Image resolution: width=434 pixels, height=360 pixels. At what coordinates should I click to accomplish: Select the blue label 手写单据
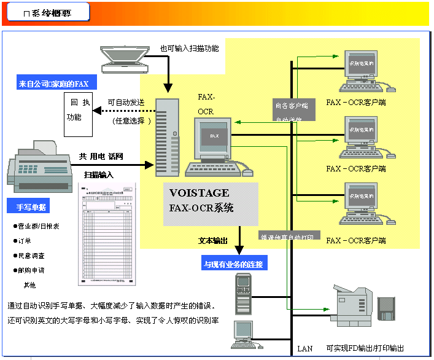(x=31, y=207)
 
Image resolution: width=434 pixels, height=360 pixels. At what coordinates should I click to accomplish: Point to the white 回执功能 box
(x=78, y=109)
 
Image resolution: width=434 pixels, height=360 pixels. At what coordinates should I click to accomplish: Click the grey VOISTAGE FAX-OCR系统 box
(x=210, y=200)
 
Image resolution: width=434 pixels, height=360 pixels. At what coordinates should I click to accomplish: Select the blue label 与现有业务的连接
(x=233, y=265)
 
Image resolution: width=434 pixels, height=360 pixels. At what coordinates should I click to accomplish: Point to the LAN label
(x=304, y=348)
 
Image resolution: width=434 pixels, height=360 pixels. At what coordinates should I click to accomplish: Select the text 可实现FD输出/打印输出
(x=365, y=348)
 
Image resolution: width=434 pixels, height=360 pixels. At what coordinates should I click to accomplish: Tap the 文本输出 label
(x=214, y=240)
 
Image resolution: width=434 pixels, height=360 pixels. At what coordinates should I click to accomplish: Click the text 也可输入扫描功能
(x=189, y=47)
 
